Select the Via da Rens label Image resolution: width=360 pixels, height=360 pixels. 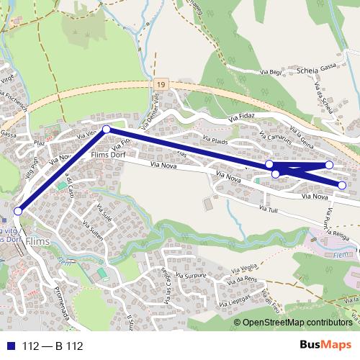242,279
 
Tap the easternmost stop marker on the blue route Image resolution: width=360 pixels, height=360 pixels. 342,186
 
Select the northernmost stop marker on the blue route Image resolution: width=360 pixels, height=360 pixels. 107,129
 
